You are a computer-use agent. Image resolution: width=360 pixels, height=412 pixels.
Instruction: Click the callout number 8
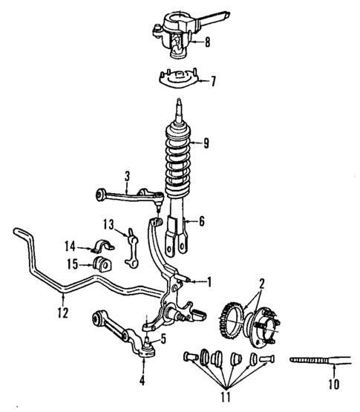[x=207, y=42]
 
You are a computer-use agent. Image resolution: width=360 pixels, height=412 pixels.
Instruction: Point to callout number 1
[x=209, y=281]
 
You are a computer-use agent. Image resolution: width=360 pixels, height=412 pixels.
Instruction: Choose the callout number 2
[x=261, y=283]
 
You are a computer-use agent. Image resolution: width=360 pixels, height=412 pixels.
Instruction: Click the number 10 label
[x=333, y=385]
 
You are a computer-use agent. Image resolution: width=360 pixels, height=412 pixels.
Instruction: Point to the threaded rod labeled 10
[x=312, y=360]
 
